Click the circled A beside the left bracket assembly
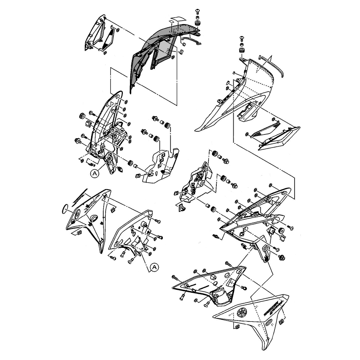[x=95, y=174]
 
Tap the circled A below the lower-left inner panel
[x=154, y=267]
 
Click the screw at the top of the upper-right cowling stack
[x=242, y=38]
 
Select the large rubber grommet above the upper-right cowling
[x=242, y=49]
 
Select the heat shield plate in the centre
[x=160, y=165]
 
